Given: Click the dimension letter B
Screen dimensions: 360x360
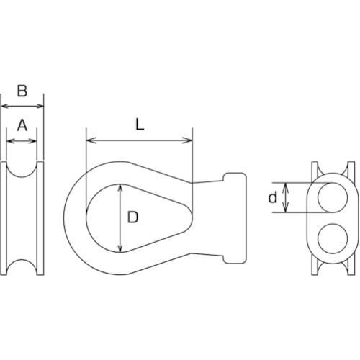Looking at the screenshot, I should click(22, 91).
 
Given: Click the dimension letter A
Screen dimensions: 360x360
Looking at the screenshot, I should click(22, 125).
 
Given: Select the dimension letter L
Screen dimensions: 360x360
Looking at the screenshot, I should click(140, 123).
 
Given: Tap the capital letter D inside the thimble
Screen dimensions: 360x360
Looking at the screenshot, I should click(132, 217).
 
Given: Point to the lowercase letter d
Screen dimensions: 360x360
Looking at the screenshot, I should click(272, 198).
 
